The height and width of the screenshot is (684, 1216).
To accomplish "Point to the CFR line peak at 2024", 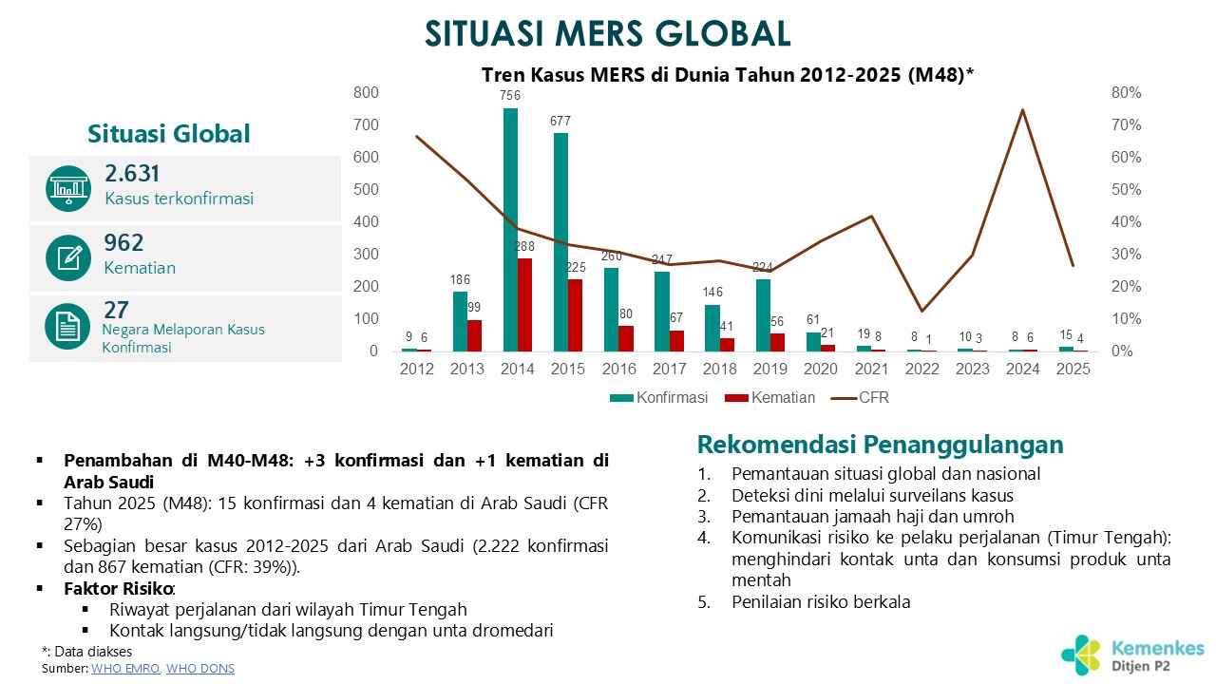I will coord(1022,110).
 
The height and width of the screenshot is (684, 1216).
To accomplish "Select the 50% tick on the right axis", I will coord(1126,190).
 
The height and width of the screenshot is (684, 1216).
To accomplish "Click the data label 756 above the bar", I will coord(510,95).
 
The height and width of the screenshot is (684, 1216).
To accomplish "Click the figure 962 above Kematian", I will coord(123,243).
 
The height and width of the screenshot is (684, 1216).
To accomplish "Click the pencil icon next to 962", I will coord(67,257).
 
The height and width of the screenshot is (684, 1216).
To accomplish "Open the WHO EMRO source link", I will coord(126,669).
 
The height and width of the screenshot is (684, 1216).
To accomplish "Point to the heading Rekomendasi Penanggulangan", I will coord(880,445).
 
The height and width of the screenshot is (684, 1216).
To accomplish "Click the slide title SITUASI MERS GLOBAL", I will coord(607,33).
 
